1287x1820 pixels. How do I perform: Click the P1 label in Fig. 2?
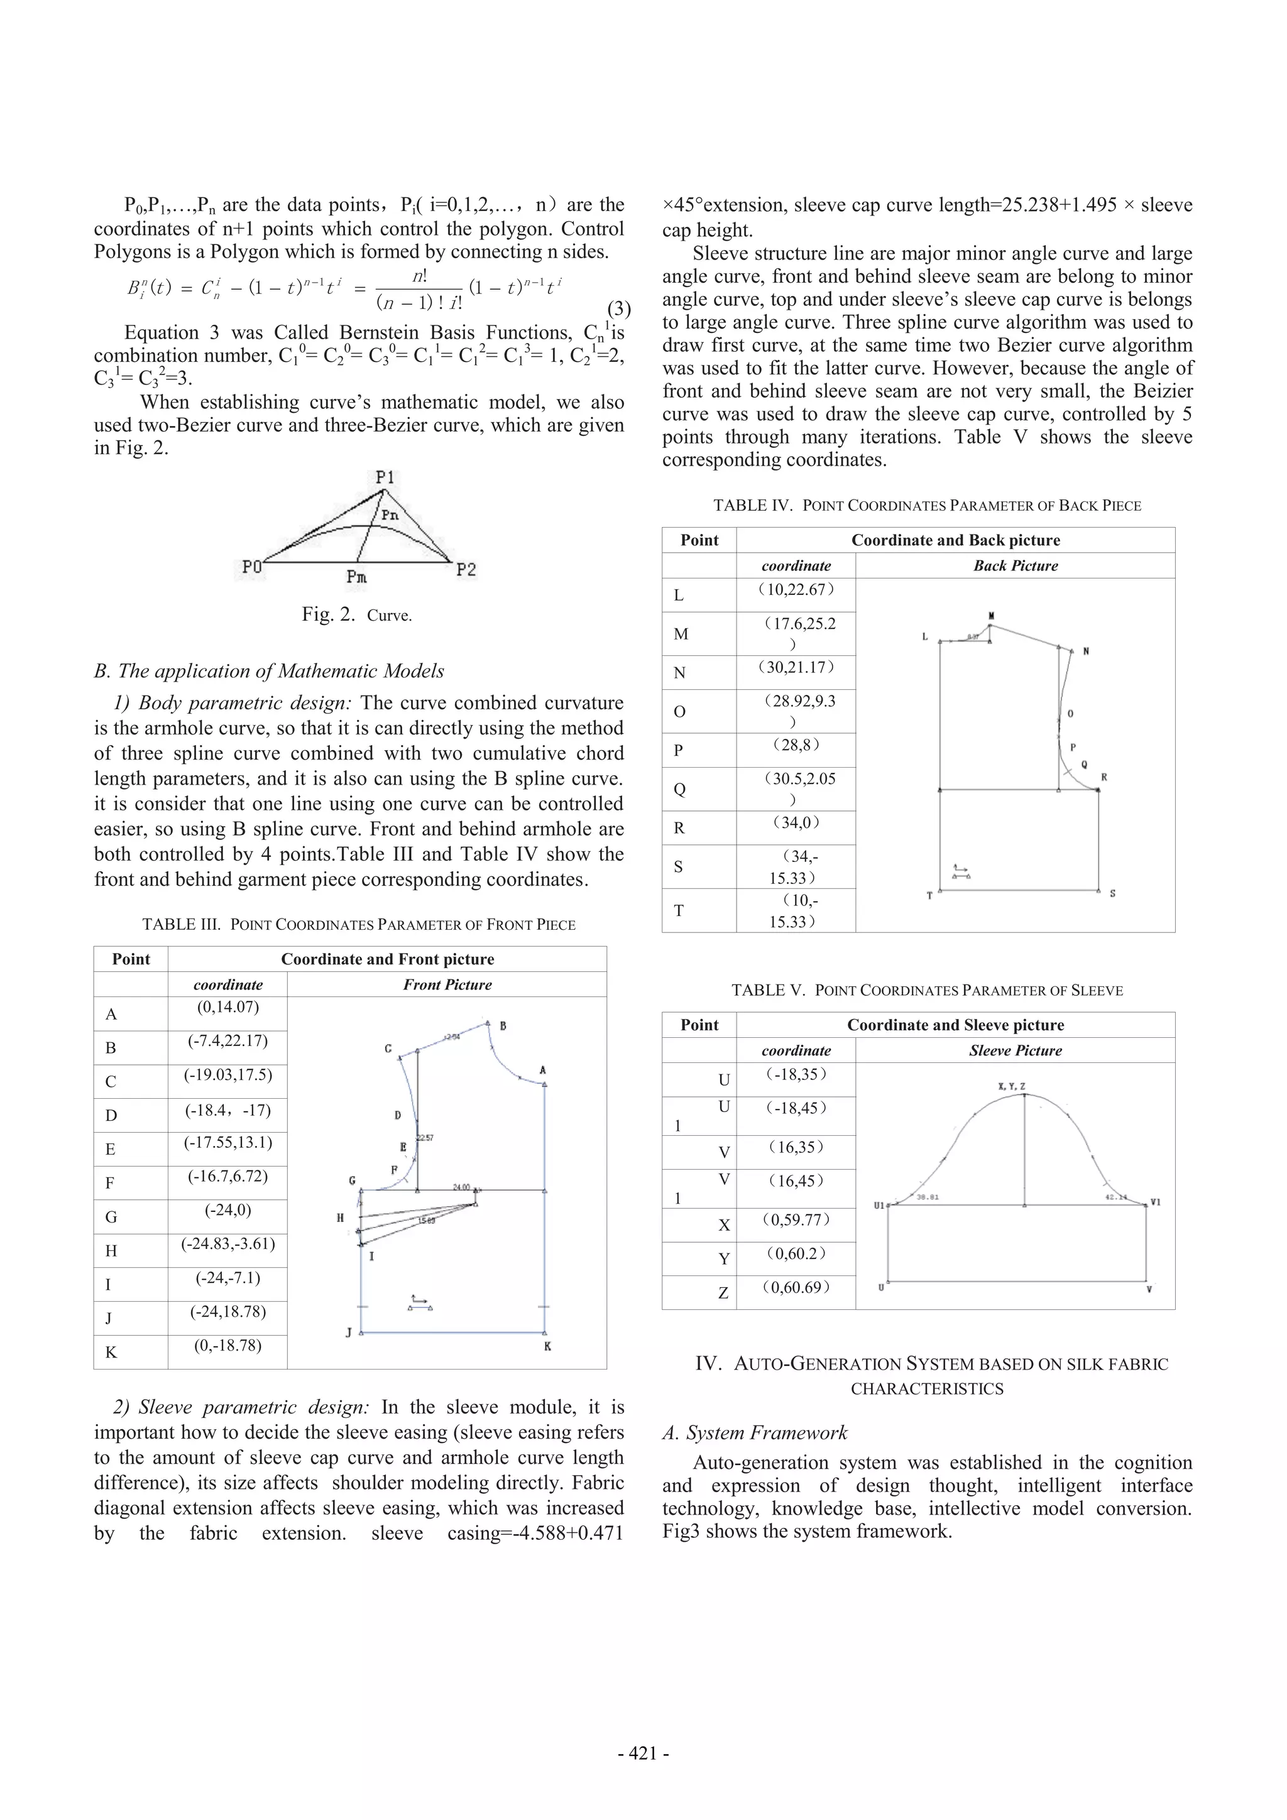point(385,477)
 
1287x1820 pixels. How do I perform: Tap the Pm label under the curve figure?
point(357,576)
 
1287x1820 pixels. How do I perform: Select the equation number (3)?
point(618,308)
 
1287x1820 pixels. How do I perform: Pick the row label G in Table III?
point(111,1217)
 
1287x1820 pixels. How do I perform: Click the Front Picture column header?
point(447,984)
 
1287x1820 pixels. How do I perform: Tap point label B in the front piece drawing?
point(503,1026)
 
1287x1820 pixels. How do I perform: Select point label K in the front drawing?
point(547,1346)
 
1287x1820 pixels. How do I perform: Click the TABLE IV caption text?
point(926,506)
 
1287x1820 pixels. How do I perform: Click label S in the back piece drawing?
point(1112,893)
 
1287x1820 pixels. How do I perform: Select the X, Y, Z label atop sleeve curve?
point(1011,1085)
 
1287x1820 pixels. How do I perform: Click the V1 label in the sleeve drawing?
point(1156,1202)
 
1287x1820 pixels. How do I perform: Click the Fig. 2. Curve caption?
point(356,615)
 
